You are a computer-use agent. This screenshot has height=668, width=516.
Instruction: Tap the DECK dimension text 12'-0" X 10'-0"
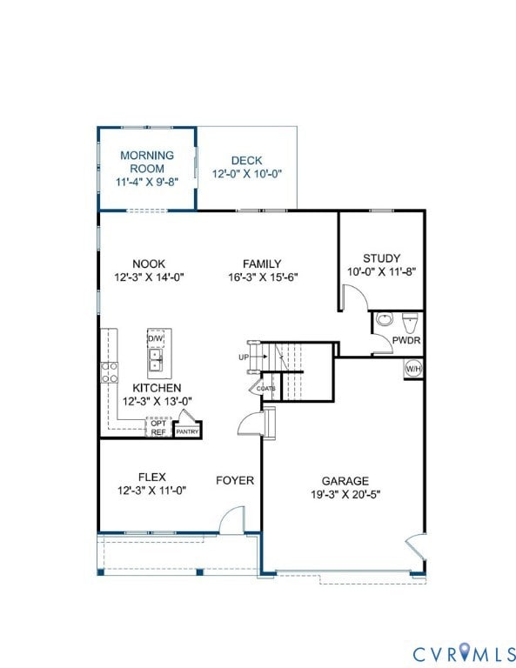(247, 174)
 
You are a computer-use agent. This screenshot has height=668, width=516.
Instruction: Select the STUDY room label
(381, 258)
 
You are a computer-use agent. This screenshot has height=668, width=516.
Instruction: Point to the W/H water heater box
(412, 369)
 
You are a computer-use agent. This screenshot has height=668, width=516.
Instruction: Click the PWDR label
(406, 340)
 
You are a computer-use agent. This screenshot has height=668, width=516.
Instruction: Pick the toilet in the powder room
(410, 320)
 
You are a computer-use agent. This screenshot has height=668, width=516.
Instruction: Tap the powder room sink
(385, 319)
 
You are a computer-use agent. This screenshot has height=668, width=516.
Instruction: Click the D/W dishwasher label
(156, 338)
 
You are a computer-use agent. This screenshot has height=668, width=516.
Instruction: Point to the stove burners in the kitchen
(111, 373)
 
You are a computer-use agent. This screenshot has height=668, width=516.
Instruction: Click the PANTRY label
(187, 431)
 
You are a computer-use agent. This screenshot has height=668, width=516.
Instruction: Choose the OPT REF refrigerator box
(158, 428)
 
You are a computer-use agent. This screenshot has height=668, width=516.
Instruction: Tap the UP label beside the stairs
(245, 357)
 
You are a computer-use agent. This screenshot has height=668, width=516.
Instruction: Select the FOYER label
(235, 480)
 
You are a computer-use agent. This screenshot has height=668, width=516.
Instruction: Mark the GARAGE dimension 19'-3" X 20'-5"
(345, 494)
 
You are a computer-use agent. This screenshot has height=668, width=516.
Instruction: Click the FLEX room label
(151, 477)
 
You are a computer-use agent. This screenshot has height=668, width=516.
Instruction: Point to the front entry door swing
(231, 521)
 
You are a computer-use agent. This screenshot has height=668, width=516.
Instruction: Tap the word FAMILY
(261, 264)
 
